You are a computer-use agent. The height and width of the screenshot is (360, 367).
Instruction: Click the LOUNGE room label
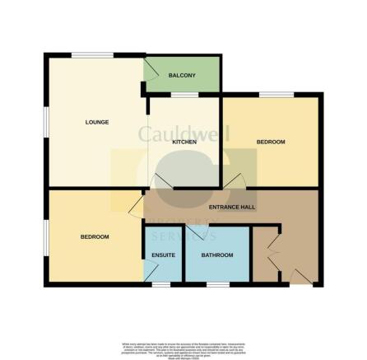click(97, 122)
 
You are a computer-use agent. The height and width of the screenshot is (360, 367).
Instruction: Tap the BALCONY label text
click(182, 76)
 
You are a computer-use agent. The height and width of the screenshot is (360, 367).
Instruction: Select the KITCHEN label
click(183, 143)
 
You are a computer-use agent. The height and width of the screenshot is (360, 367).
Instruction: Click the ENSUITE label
click(164, 255)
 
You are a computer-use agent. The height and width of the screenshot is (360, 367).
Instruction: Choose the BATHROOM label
click(217, 255)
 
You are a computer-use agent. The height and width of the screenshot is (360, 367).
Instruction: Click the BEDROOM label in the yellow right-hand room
click(271, 143)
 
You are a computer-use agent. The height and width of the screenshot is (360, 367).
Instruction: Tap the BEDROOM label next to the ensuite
click(95, 237)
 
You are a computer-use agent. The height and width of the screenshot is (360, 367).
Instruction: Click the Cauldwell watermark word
click(183, 133)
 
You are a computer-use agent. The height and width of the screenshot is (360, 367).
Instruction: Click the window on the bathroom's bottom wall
click(217, 284)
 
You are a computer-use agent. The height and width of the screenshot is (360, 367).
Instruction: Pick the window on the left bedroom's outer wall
click(46, 237)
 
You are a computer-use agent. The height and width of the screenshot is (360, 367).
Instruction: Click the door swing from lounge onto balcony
click(151, 69)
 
